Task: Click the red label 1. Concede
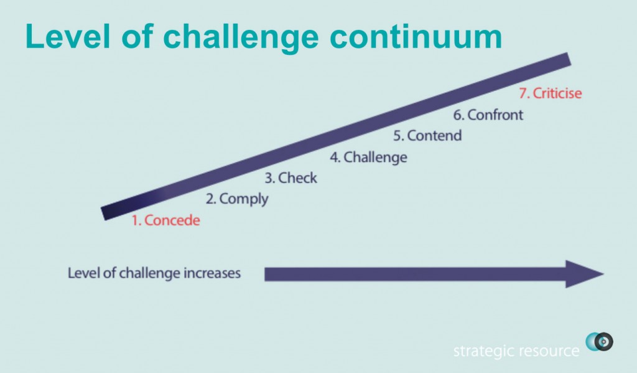coord(165,220)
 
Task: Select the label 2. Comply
coord(237,199)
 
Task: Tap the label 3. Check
coord(291,177)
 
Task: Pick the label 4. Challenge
coord(368,158)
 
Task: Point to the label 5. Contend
coord(427,136)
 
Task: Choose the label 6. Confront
coord(488,115)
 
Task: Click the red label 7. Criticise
coord(551,93)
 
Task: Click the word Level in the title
coord(68,36)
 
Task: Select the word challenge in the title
coord(241,39)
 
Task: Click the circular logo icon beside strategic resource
coord(599,342)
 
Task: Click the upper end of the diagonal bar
coord(569,59)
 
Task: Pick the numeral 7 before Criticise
coord(523,93)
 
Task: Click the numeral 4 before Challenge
coord(334,158)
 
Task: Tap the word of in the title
coord(137,36)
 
